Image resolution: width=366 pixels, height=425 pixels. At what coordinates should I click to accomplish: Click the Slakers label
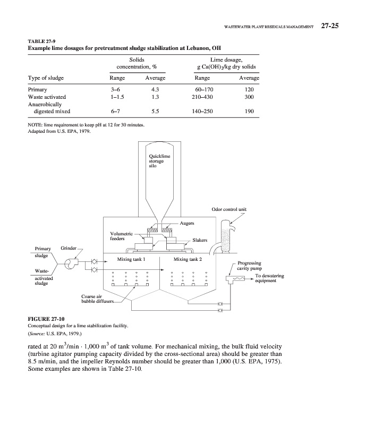200,240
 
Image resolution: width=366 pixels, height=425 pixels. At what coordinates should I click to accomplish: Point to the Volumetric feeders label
120,236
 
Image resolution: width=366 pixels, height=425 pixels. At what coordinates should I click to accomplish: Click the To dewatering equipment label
270,278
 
